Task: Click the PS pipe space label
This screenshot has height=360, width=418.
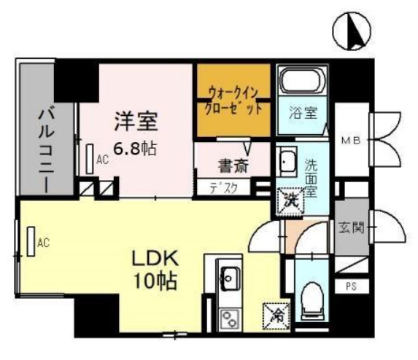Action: pos(351,286)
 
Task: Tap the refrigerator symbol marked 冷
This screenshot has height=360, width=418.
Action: pos(276,315)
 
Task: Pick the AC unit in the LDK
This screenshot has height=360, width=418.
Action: pos(33,242)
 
